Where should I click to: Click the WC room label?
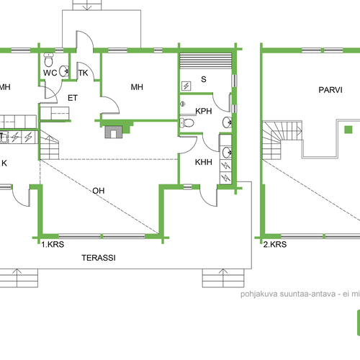(50, 73)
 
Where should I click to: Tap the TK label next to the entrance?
(83, 73)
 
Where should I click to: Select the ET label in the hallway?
(73, 98)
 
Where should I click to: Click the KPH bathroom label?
(204, 111)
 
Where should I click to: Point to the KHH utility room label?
(204, 162)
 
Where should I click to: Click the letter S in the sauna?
(204, 79)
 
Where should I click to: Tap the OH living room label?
(99, 191)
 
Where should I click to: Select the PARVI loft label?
(330, 90)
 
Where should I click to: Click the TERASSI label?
(99, 258)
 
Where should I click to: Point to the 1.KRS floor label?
(53, 244)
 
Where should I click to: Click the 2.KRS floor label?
(275, 244)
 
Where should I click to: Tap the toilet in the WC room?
(48, 60)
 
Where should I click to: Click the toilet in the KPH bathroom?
(186, 123)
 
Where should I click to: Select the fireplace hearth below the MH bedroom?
(114, 132)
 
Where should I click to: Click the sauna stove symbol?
(186, 86)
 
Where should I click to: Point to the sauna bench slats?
(206, 61)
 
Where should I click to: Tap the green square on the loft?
(348, 130)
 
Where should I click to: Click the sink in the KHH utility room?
(227, 152)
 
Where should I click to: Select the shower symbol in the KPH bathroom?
(183, 104)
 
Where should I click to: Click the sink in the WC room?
(64, 71)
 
